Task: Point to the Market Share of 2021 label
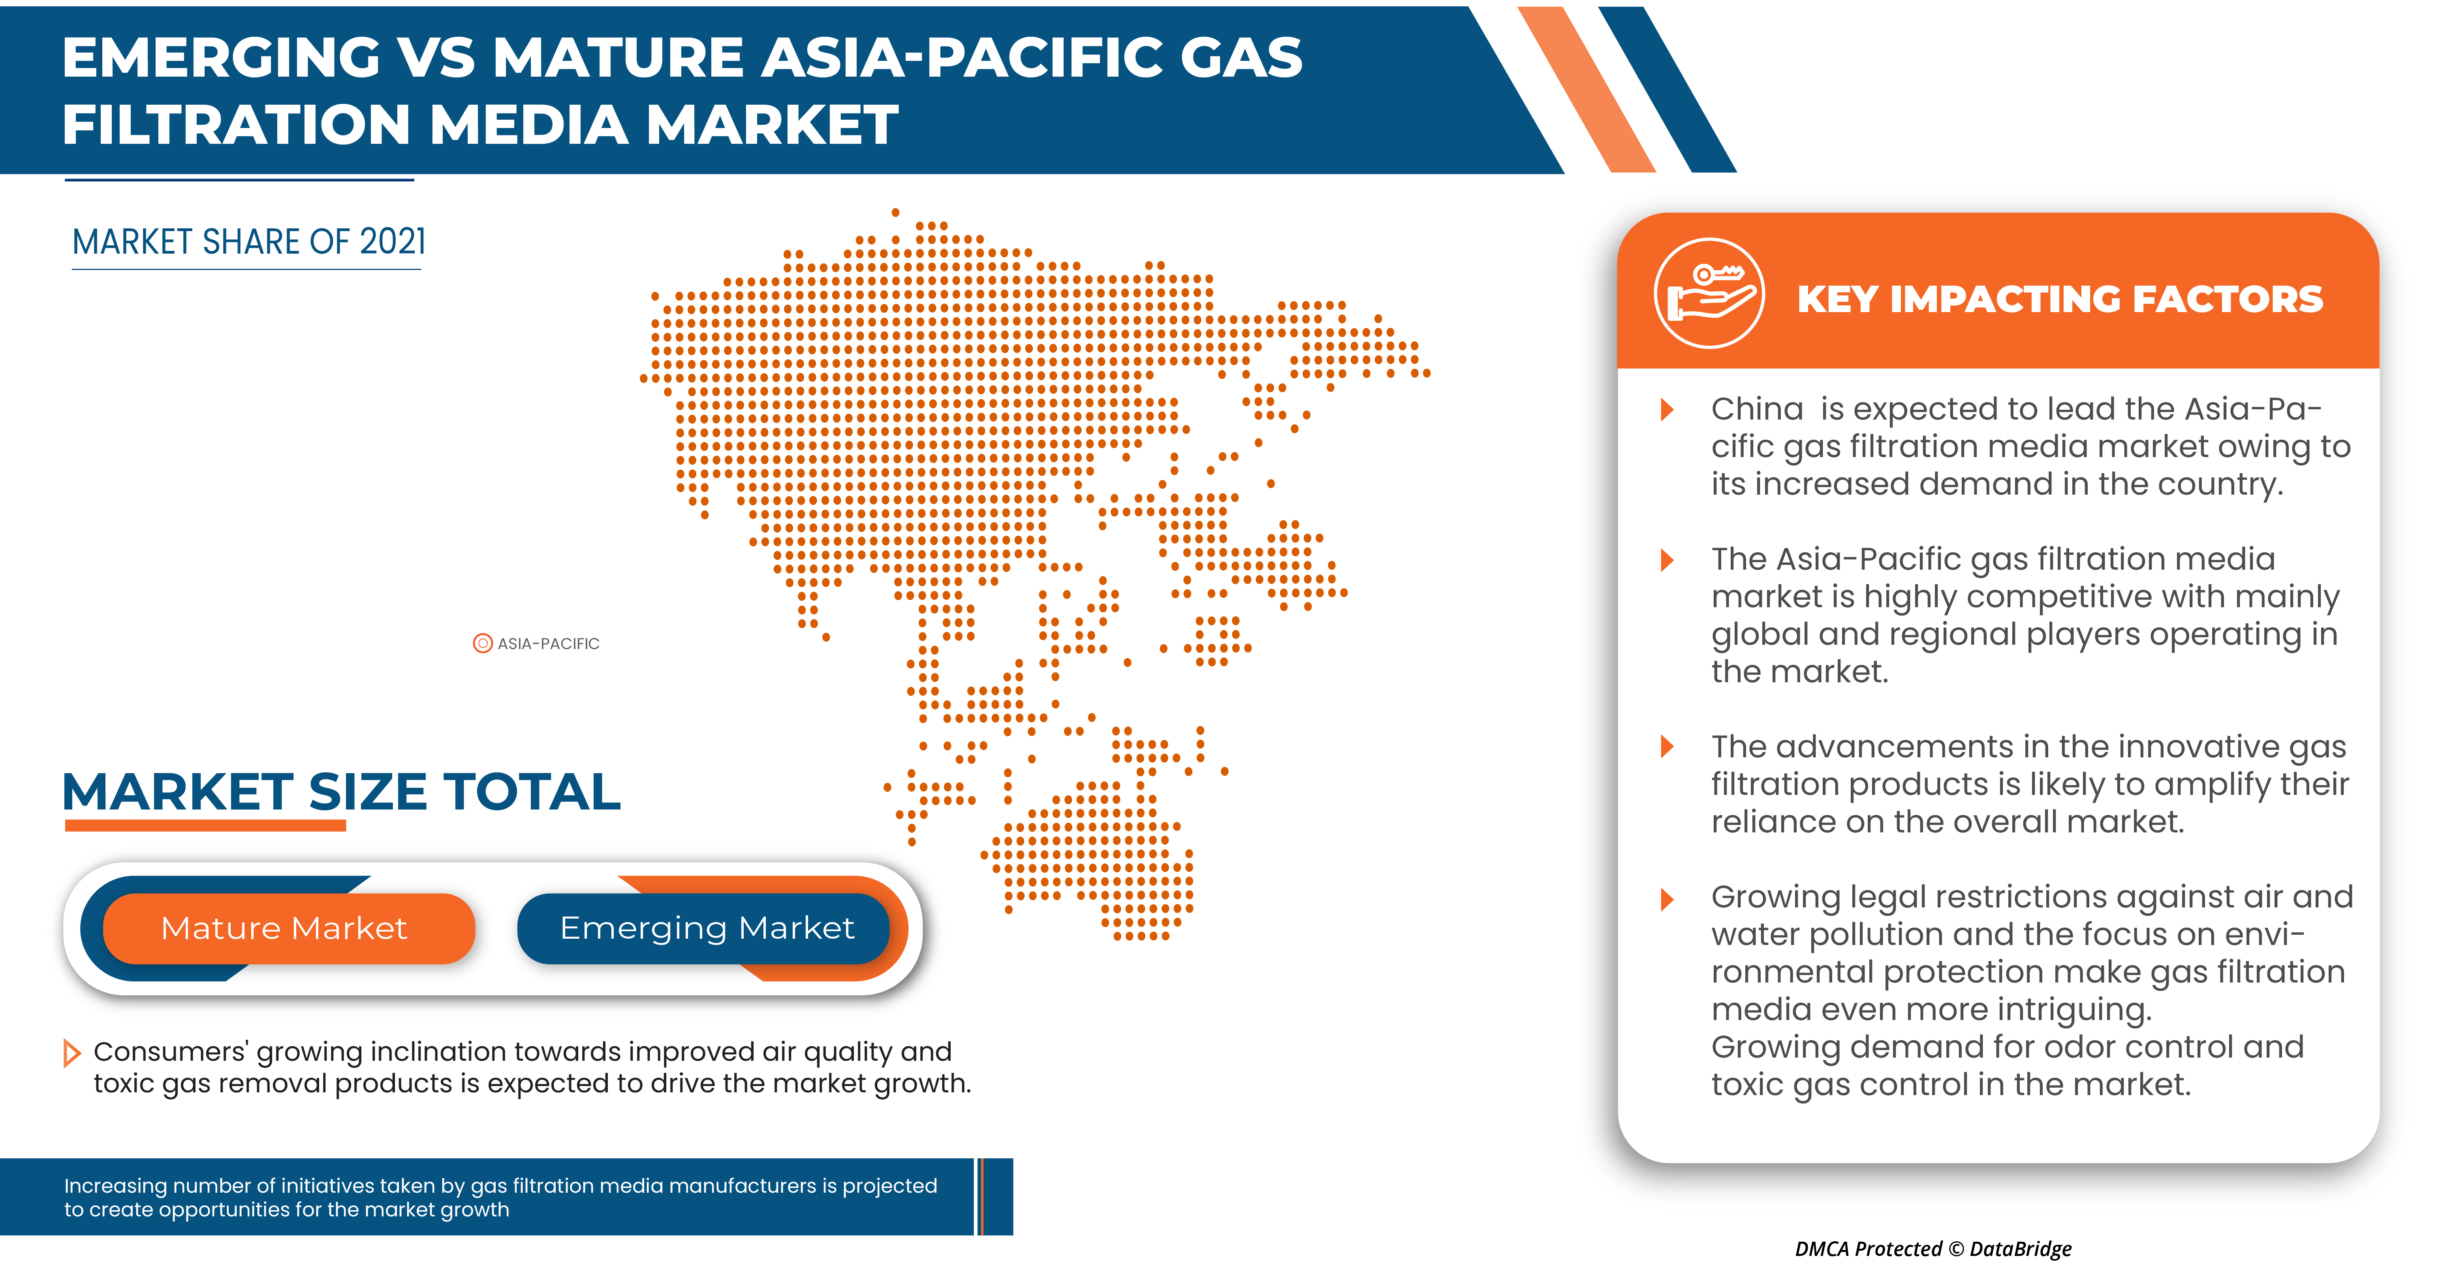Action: click(249, 242)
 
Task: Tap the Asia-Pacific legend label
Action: click(549, 644)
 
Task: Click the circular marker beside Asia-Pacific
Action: click(483, 644)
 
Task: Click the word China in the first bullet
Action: click(1756, 409)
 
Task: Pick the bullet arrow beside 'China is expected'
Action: click(1667, 410)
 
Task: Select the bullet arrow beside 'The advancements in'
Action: click(1667, 747)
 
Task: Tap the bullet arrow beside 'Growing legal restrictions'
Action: click(1667, 899)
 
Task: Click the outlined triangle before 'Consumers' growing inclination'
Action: click(71, 1053)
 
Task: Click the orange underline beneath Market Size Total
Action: click(205, 826)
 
